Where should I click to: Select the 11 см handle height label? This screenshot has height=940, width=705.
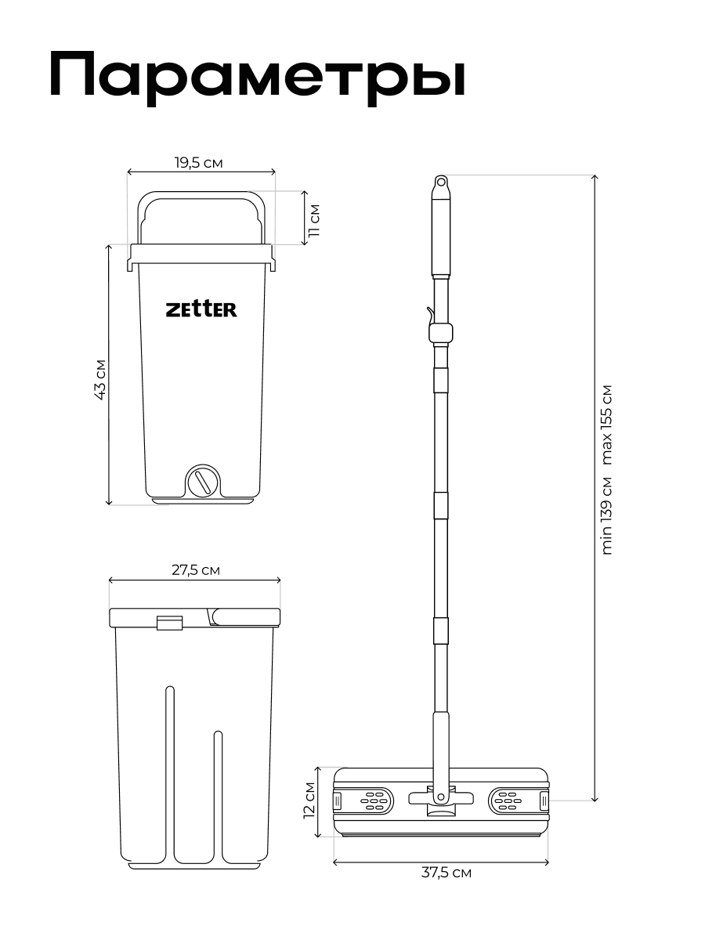tap(313, 220)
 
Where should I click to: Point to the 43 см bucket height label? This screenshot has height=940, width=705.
tap(99, 381)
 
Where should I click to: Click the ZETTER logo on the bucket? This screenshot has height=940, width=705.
tap(201, 309)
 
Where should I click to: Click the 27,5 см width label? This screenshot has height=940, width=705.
tap(195, 570)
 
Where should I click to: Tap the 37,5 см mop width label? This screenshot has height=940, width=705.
tap(446, 873)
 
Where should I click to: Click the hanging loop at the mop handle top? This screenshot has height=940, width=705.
tap(441, 183)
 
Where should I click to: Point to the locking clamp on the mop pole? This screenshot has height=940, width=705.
tap(440, 331)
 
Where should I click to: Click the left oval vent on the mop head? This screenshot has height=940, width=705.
tap(373, 800)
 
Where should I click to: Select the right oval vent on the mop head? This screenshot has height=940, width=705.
tap(508, 800)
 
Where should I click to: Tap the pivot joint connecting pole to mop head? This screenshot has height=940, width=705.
tap(440, 797)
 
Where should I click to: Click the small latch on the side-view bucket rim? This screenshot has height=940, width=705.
tap(169, 623)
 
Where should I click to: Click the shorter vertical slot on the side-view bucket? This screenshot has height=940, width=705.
tap(219, 791)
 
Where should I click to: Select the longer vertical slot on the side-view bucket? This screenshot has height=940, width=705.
tap(169, 772)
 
